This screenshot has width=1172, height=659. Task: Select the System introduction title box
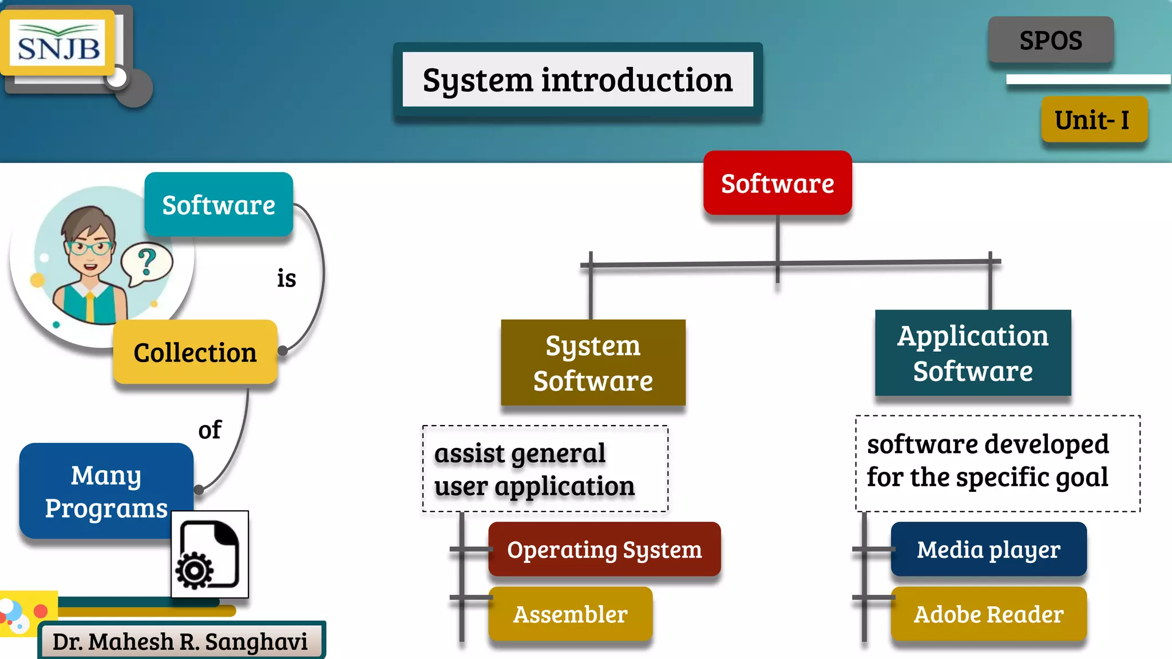[577, 80]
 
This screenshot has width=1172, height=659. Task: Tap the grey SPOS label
[1051, 40]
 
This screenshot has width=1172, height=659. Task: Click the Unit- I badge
[1094, 120]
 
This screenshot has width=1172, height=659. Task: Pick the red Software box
[777, 184]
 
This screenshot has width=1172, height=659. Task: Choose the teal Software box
[219, 205]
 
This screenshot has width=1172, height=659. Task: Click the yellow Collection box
[195, 352]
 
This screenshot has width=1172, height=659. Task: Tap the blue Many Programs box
[106, 491]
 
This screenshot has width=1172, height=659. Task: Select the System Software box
[593, 363]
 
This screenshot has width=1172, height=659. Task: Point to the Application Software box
[972, 353]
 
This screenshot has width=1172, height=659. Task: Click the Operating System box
[604, 550]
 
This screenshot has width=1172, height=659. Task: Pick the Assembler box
[570, 614]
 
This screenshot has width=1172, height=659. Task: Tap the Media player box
[988, 550]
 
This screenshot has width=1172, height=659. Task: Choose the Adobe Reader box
[988, 614]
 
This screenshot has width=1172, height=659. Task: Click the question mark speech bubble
[146, 263]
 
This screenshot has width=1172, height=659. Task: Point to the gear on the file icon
[195, 570]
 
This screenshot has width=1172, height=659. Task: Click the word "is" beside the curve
[287, 279]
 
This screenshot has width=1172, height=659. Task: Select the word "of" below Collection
[209, 430]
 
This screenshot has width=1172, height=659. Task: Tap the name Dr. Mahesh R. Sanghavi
[180, 641]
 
